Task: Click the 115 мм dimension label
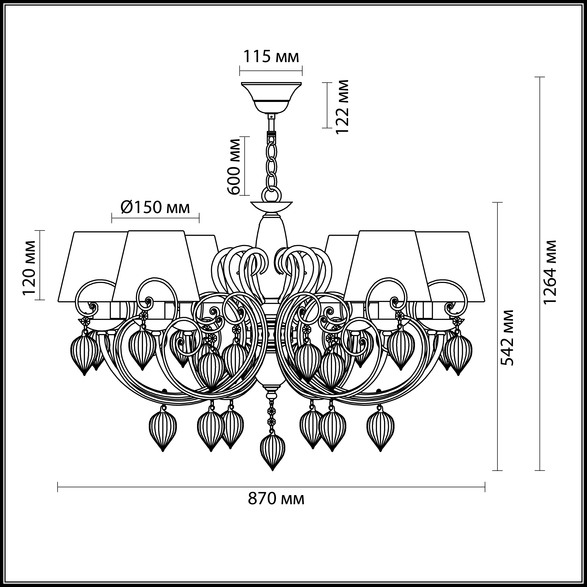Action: pyautogui.click(x=271, y=57)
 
